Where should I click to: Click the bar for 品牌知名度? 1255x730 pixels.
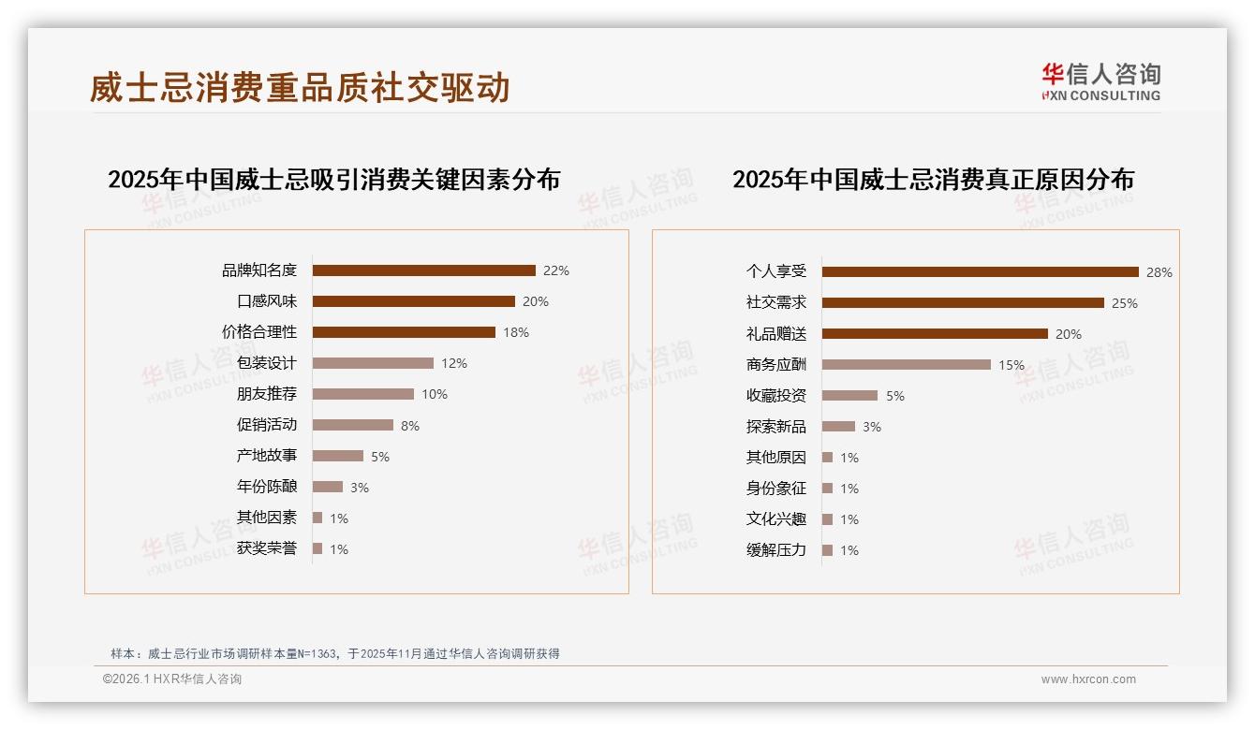click(423, 270)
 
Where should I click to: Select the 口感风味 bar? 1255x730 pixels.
click(413, 301)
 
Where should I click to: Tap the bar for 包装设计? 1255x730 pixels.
click(373, 363)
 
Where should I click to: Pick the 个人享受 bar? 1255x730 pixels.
click(980, 271)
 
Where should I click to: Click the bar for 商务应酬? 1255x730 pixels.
click(906, 364)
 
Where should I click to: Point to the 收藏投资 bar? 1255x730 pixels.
click(849, 396)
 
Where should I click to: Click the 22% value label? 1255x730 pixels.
click(556, 270)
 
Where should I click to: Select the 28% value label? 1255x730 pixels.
click(1159, 272)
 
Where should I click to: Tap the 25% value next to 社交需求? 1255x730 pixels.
click(1125, 303)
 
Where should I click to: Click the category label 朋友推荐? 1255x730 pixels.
click(267, 394)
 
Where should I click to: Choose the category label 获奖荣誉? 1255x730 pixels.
click(267, 548)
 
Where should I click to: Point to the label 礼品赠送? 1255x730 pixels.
click(776, 334)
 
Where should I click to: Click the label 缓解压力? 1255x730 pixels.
click(776, 550)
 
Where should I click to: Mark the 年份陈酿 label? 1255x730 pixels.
click(267, 487)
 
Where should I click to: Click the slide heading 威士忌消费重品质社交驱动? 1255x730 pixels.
click(300, 88)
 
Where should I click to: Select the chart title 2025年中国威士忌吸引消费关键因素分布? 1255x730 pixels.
click(334, 180)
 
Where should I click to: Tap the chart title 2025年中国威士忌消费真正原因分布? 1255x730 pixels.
click(933, 180)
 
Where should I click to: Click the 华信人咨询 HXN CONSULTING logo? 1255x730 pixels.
click(1100, 81)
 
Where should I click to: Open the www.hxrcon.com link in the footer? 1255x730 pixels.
click(1088, 679)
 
